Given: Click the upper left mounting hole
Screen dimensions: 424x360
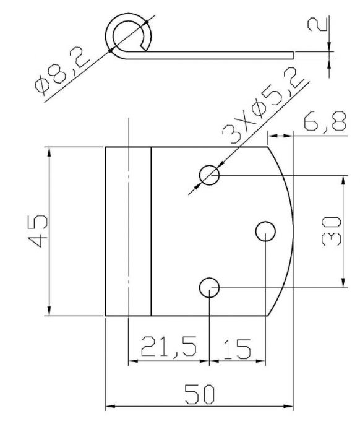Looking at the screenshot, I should [210, 176].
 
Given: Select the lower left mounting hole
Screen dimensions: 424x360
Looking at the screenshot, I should [210, 288].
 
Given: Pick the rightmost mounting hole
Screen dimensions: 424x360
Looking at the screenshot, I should [266, 231].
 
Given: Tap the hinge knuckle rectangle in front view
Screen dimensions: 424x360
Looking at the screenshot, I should [128, 231].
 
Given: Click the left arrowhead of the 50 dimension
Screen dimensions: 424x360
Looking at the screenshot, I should [109, 407].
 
